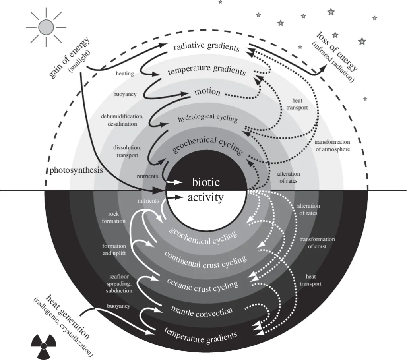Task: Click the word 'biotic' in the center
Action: click(x=205, y=182)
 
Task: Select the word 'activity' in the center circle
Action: click(x=205, y=197)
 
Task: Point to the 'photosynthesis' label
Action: click(x=76, y=170)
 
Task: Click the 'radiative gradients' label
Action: click(x=206, y=46)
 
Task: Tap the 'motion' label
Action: click(x=207, y=92)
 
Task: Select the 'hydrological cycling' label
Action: click(x=207, y=118)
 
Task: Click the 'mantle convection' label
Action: click(x=202, y=311)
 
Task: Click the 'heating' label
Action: click(x=125, y=74)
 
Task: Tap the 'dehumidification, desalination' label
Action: click(x=122, y=120)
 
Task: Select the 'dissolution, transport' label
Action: click(x=127, y=151)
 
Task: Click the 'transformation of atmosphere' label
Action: click(x=333, y=146)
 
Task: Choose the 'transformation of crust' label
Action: click(x=317, y=243)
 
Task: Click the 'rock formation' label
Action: click(x=113, y=217)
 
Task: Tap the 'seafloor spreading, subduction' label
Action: click(x=119, y=283)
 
